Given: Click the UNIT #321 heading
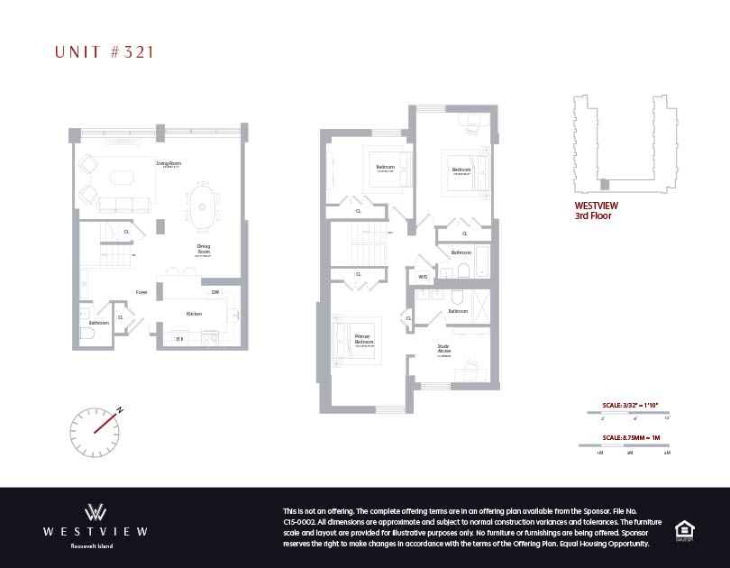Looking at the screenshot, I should (105, 52).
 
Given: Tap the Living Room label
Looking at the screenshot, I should (169, 164).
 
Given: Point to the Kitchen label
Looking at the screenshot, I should (194, 314).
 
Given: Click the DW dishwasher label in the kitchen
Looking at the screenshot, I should (214, 292).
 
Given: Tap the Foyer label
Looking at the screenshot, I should (141, 292).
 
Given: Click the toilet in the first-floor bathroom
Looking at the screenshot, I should (86, 333).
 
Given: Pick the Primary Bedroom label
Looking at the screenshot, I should (363, 340).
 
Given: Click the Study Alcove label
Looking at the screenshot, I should (443, 350).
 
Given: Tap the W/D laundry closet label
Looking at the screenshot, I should (422, 277).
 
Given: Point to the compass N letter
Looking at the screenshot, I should (118, 408).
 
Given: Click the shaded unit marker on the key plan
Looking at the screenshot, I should (604, 185).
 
